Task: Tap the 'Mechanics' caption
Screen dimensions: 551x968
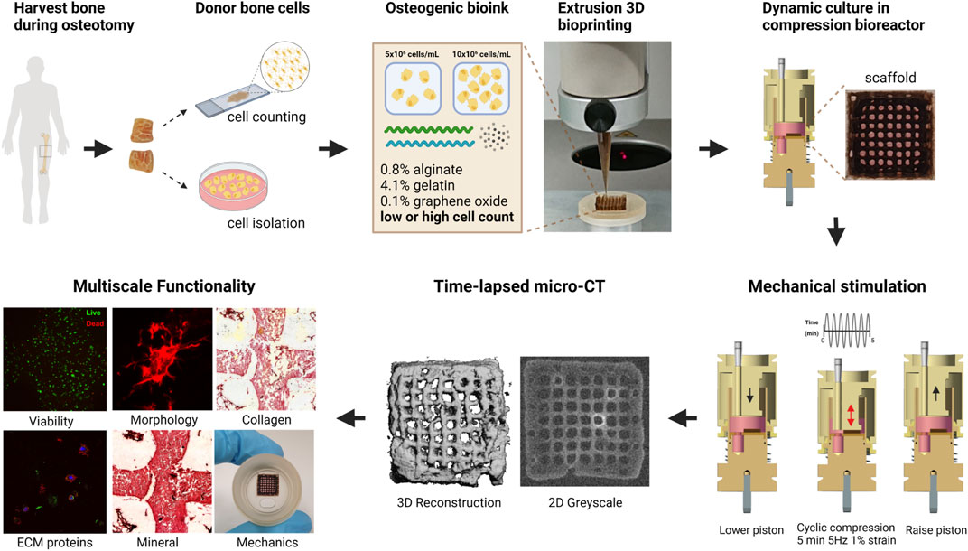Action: pos(263,542)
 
